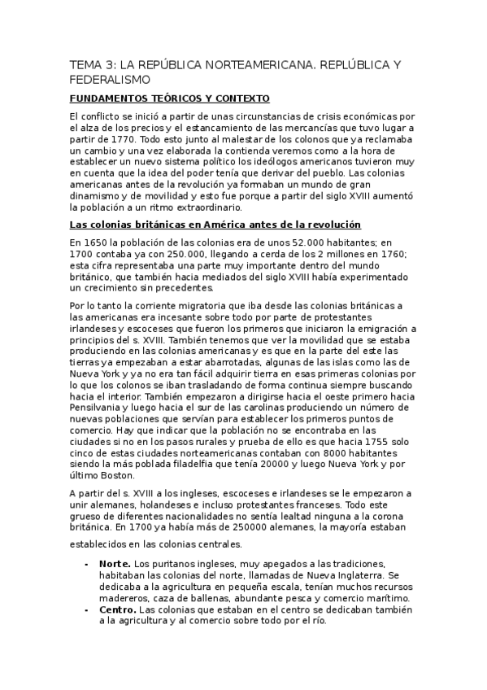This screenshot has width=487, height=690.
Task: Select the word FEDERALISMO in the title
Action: tap(110, 80)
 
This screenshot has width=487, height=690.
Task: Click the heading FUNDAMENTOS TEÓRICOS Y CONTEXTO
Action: tap(169, 98)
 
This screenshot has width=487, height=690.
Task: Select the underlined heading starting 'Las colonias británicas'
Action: tap(215, 224)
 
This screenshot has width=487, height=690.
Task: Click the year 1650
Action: tap(101, 242)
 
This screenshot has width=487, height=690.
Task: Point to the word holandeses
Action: tap(157, 504)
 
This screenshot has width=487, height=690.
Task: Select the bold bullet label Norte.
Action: tap(115, 564)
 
